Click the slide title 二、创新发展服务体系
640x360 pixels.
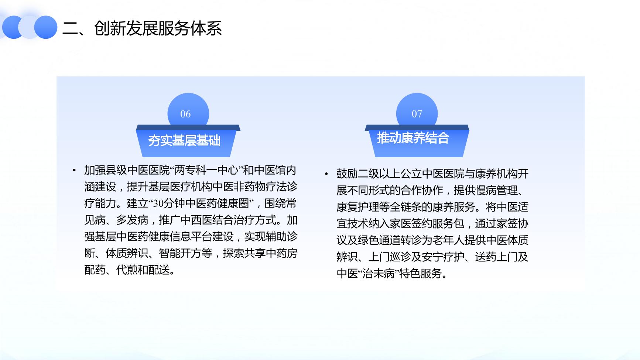(x=142, y=28)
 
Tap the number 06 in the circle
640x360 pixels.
(x=185, y=114)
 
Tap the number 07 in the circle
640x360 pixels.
(x=417, y=114)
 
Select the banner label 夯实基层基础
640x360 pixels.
(x=184, y=141)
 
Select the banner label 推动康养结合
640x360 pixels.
(x=413, y=138)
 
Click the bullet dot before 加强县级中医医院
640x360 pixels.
(x=74, y=171)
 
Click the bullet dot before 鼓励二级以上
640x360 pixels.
(x=326, y=174)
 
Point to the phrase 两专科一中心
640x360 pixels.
(x=206, y=170)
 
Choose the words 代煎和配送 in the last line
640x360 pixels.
(x=143, y=270)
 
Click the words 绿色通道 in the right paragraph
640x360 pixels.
(x=379, y=240)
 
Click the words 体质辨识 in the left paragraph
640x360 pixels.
(x=127, y=253)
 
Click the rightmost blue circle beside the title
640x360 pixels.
(x=46, y=27)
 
